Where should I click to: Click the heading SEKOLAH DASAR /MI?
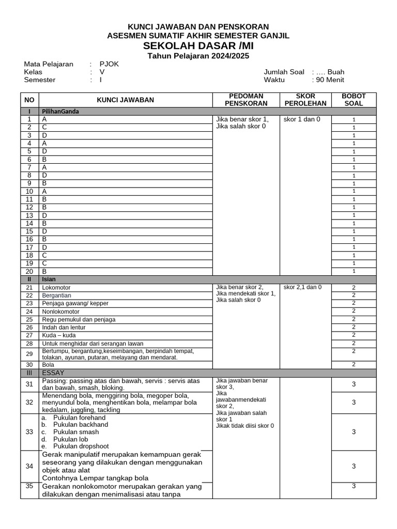pos(198,45)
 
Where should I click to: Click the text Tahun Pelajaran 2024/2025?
pos(198,56)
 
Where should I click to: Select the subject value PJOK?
pos(109,64)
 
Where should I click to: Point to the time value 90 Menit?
pos(330,80)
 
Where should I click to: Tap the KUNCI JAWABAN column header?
pos(125,100)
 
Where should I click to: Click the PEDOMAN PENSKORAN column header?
pos(246,100)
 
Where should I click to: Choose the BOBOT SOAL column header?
pos(354,100)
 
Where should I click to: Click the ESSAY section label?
pos(54,372)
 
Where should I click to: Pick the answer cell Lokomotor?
pos(56,287)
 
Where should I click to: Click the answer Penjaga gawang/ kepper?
pos(75,303)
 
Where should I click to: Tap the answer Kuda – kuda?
pos(59,335)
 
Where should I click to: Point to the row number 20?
pos(29,271)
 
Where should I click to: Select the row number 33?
pos(29,432)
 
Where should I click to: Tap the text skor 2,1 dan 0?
pos(302,287)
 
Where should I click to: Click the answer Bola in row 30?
pos(49,364)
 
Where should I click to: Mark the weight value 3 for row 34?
pos(354,466)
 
